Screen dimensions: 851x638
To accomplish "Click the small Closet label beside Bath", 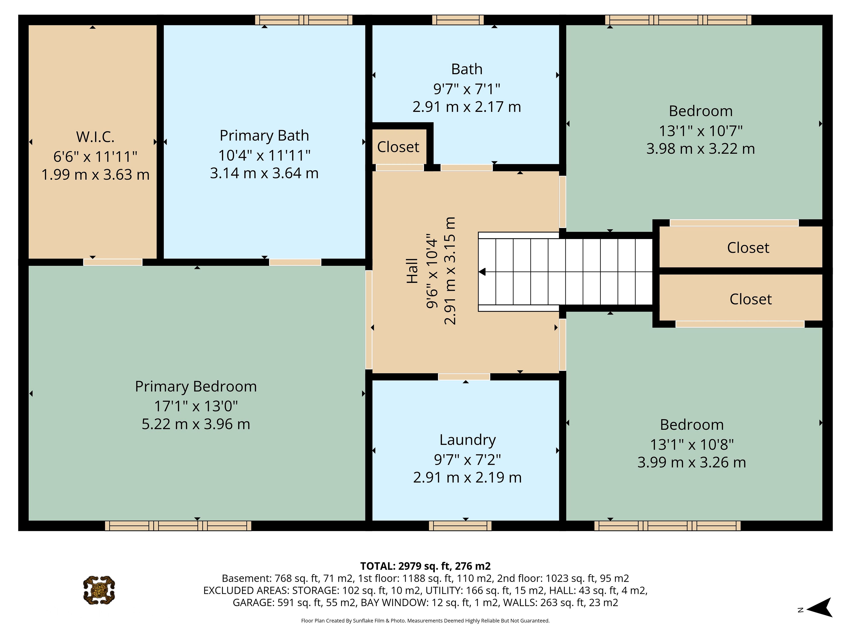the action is click(x=398, y=147).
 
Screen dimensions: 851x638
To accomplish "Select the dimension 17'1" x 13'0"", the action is click(x=196, y=406).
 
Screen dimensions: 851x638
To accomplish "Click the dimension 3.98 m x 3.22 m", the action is click(x=701, y=149).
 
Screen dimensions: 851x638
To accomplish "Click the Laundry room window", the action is click(x=460, y=526).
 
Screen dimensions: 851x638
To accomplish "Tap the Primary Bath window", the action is click(x=304, y=20).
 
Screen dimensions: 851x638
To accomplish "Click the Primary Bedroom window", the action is click(x=178, y=526).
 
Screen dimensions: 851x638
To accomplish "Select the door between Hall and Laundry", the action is click(x=464, y=377).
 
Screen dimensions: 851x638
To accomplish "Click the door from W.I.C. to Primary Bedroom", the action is click(x=113, y=262).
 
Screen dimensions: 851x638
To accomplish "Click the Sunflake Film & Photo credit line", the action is click(x=425, y=621).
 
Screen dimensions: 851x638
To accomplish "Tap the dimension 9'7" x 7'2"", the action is click(x=467, y=460).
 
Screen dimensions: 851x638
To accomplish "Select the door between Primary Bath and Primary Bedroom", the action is click(x=295, y=262).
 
